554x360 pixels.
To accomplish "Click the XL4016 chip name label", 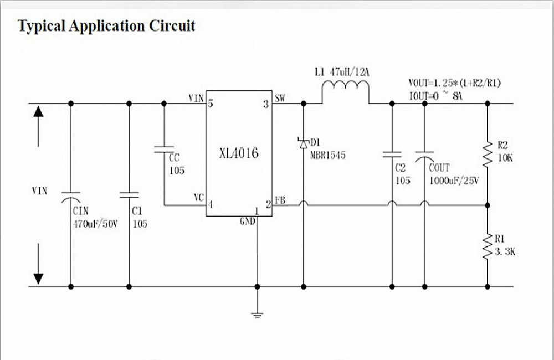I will coord(239,153).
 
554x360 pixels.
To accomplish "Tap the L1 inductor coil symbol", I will coord(345,91).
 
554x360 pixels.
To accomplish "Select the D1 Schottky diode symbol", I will coord(303,143).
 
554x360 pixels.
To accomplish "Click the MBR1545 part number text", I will coord(328,156).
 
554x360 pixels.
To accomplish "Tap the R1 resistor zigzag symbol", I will coord(488,246).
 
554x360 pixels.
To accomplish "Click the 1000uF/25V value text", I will coord(454,181).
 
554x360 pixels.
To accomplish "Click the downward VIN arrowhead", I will coord(38,276).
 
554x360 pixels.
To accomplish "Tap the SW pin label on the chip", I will coord(280,99).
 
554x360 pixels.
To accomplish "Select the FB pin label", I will coord(280,200).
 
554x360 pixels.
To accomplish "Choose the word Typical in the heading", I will coord(42,26).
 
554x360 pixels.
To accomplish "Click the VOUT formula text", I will coord(454,83).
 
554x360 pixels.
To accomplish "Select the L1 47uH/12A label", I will coord(341,71).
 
